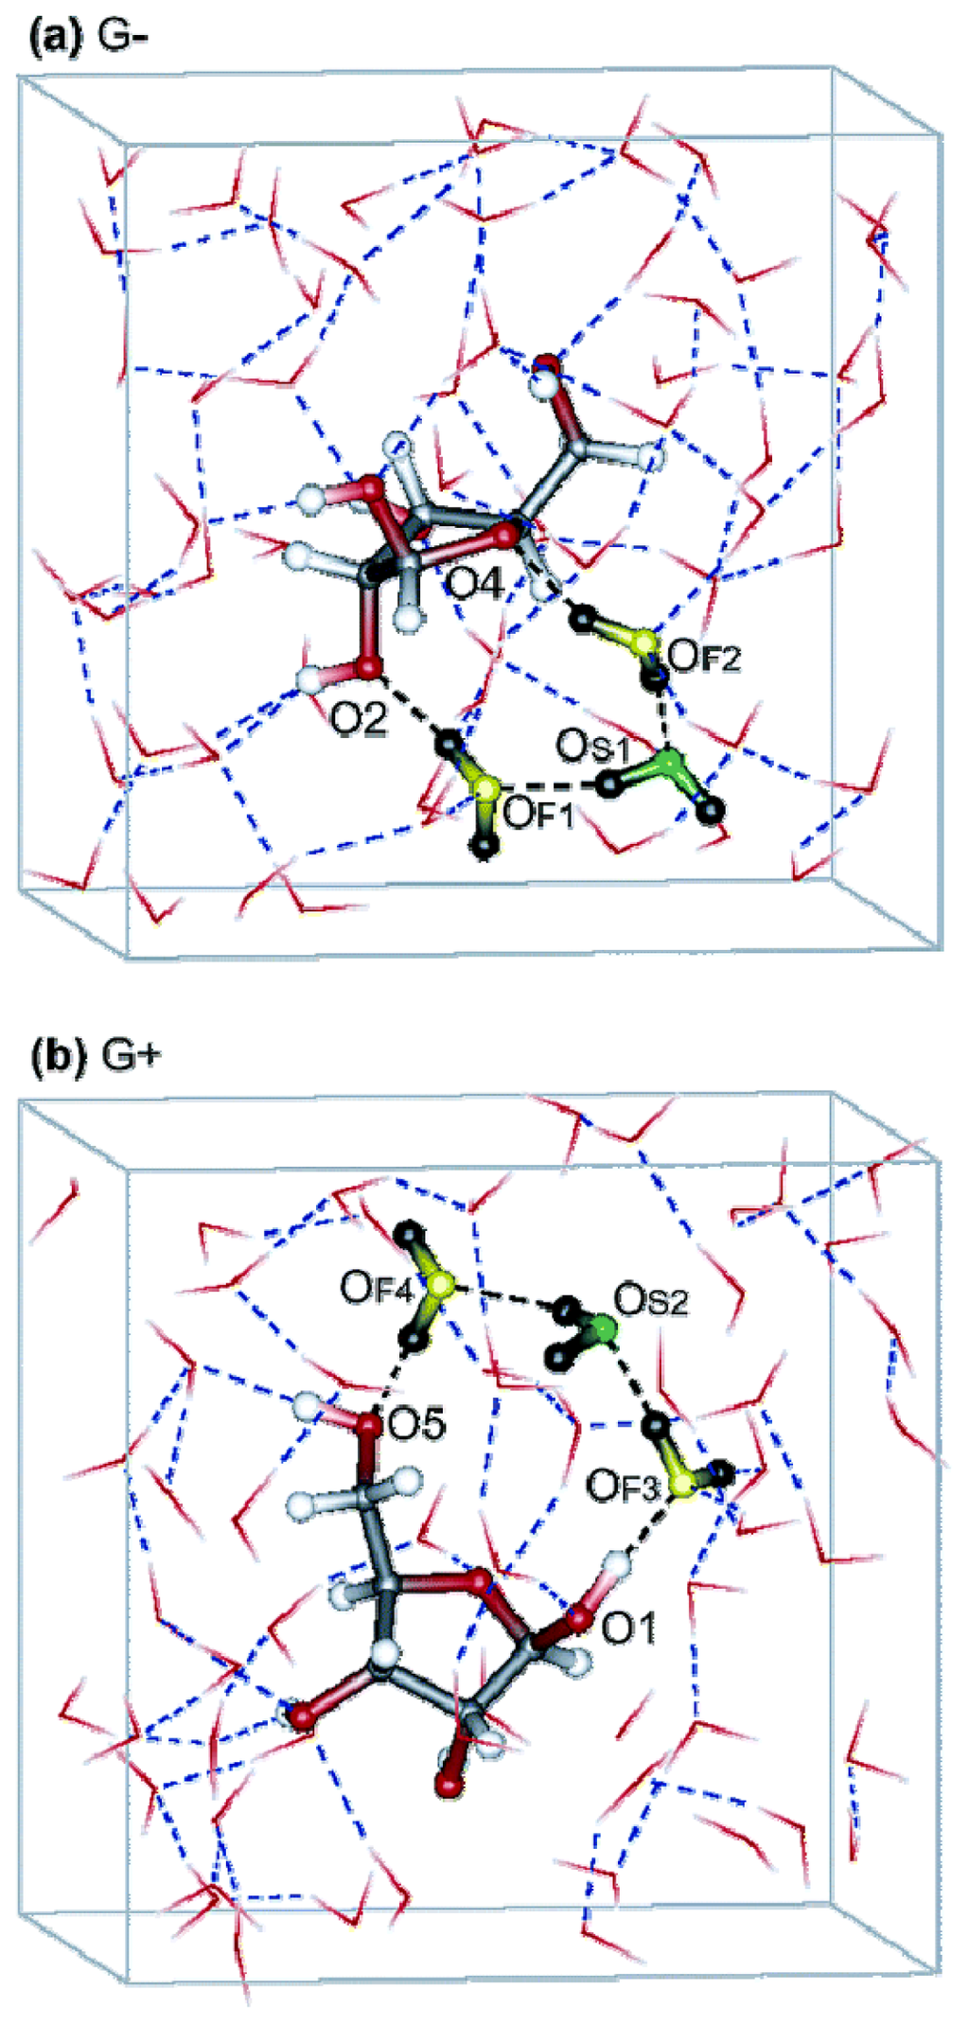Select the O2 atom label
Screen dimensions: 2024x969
pyautogui.click(x=359, y=720)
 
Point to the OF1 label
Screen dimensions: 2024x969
pyautogui.click(x=538, y=813)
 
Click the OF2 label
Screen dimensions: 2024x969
pyautogui.click(x=704, y=655)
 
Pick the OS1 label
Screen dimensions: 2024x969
pyautogui.click(x=592, y=748)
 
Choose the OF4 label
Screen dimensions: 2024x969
pyautogui.click(x=378, y=1288)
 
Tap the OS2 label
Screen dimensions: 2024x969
pyautogui.click(x=650, y=1300)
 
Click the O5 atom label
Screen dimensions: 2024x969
pyautogui.click(x=416, y=1424)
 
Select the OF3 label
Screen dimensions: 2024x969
pyautogui.click(x=622, y=1486)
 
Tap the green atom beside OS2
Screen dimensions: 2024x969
pyautogui.click(x=601, y=1332)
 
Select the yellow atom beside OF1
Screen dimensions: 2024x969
pyautogui.click(x=485, y=788)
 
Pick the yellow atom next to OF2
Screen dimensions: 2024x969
pyautogui.click(x=644, y=643)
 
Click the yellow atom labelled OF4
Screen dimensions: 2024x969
pyautogui.click(x=440, y=1284)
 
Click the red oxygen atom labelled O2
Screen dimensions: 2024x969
pyautogui.click(x=368, y=668)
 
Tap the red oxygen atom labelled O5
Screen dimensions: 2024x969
pyautogui.click(x=367, y=1421)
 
